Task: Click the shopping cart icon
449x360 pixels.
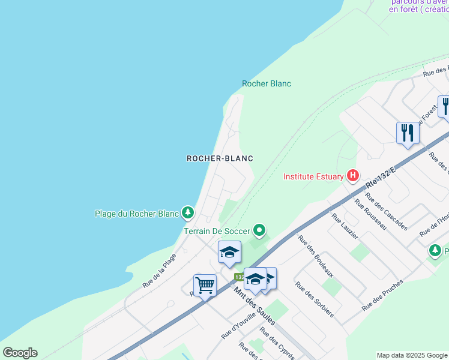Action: click(x=205, y=285)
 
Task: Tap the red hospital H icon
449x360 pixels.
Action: click(x=353, y=176)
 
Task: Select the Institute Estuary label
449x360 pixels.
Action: click(x=313, y=176)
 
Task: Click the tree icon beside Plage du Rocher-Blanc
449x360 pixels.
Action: click(x=188, y=212)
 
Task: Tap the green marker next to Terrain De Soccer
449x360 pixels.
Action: click(x=259, y=230)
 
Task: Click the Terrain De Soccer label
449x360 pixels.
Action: click(x=217, y=230)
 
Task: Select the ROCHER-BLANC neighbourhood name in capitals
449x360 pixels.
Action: click(x=220, y=158)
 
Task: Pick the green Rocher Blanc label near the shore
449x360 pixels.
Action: click(x=267, y=83)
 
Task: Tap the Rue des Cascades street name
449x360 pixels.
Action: click(x=386, y=213)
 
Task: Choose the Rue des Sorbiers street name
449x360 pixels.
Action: click(x=315, y=299)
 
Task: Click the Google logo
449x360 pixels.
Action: click(x=20, y=353)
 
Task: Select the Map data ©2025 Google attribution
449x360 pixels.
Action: click(x=412, y=355)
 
